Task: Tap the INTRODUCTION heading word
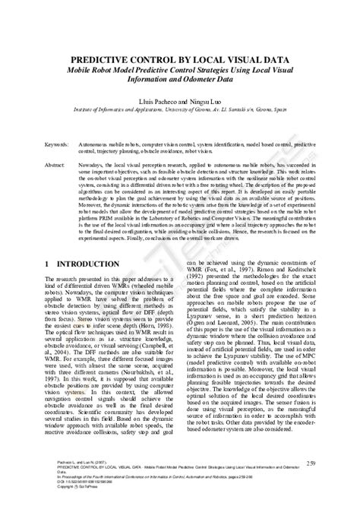88,264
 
